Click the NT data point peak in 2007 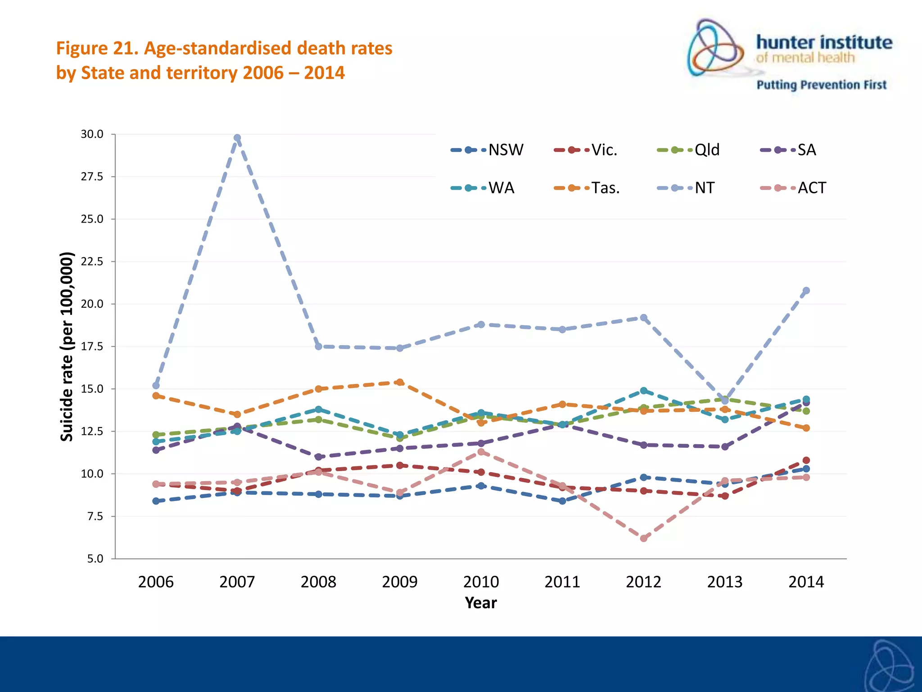237,138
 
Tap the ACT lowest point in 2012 644,538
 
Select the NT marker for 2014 806,291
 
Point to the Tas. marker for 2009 400,382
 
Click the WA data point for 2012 644,391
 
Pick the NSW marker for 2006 156,501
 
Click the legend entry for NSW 488,150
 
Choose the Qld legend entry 689,150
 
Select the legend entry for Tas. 587,188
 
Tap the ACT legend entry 794,188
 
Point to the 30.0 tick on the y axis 92,134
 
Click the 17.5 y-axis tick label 92,346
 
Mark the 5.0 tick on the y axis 95,559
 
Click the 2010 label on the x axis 481,582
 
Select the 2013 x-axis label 725,582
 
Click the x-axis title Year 481,603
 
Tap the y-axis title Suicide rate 67,347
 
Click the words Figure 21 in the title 97,48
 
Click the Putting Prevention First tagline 821,85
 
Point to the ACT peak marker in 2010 481,451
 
